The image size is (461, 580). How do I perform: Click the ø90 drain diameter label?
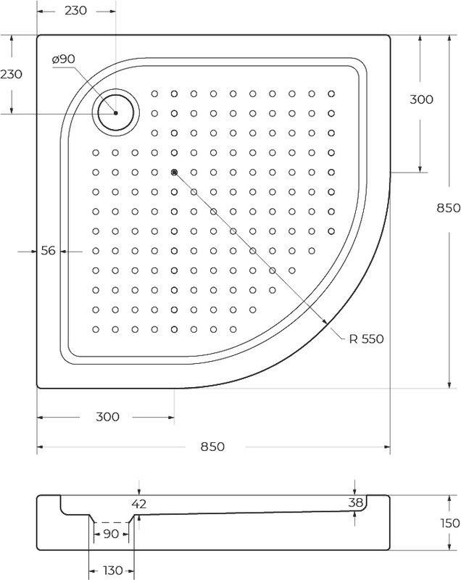click(64, 59)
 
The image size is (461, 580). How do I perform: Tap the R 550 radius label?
click(366, 339)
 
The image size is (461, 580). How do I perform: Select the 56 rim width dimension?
click(48, 251)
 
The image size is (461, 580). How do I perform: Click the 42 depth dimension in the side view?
click(139, 503)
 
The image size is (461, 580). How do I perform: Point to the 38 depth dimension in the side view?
click(356, 502)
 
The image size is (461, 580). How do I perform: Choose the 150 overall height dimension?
click(450, 523)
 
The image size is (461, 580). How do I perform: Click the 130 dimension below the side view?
click(113, 571)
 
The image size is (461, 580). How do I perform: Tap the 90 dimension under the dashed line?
click(111, 534)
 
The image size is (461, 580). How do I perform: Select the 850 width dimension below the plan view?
click(212, 447)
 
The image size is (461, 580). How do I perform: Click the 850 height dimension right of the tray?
click(449, 208)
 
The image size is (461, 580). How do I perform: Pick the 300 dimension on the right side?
click(421, 99)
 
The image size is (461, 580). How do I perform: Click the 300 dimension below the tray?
click(107, 417)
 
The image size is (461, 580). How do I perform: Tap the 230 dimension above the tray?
click(76, 11)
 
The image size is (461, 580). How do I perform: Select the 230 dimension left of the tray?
click(11, 75)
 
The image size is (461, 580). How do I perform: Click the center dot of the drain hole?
click(116, 113)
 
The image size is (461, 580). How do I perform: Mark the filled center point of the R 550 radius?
click(174, 172)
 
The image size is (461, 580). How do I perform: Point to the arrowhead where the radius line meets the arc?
click(325, 321)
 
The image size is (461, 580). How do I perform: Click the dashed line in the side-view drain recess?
click(112, 522)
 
